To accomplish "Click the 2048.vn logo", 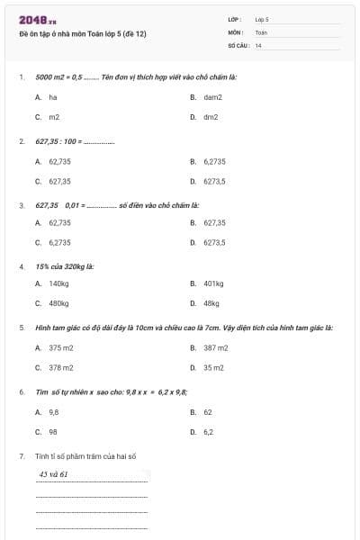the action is click(37, 20).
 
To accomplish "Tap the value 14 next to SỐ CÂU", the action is click(258, 45).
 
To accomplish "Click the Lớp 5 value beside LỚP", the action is click(262, 19).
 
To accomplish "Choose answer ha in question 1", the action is click(52, 96).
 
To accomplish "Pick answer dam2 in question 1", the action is click(212, 96).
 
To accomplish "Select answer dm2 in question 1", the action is click(211, 117).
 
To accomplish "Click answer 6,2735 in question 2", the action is click(214, 161).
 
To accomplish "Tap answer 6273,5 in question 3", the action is click(214, 242).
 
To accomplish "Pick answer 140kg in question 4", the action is click(58, 283).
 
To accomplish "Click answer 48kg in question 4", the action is click(211, 304).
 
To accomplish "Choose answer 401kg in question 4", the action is click(213, 283).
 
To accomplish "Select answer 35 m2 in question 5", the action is click(213, 367).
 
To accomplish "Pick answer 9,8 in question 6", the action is click(54, 411).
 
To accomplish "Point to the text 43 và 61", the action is click(54, 473).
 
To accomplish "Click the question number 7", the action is click(21, 456).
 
